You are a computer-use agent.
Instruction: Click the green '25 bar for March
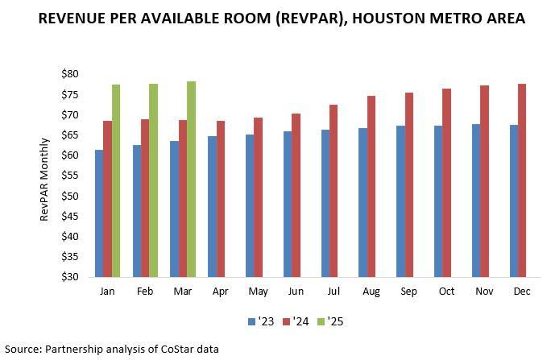(191, 179)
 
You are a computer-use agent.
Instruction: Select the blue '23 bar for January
(98, 213)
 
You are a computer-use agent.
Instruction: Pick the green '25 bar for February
(153, 180)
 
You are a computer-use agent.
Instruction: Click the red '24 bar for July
(333, 191)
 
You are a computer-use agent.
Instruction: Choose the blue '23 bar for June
(288, 204)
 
